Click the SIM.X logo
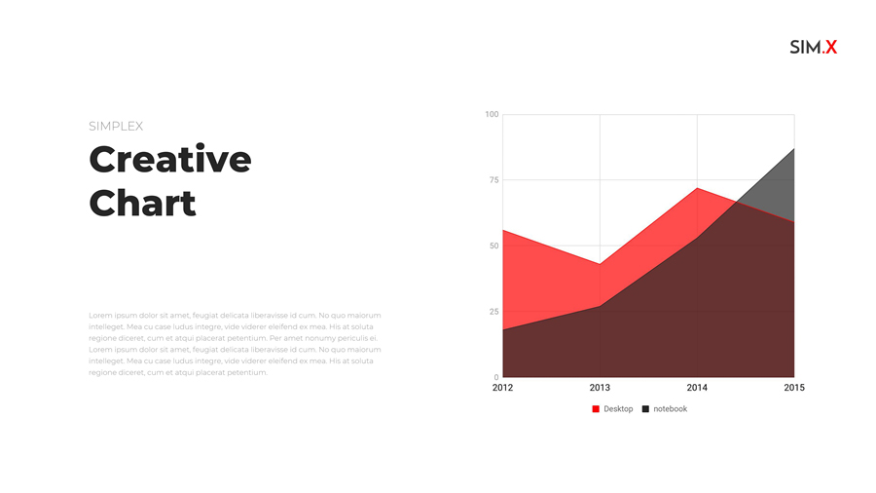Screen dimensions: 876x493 tap(814, 47)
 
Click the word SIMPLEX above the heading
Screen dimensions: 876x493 tap(116, 127)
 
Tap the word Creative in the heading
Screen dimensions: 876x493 tap(169, 160)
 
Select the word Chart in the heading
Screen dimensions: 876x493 tap(142, 203)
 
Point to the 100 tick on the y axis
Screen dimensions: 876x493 tap(492, 114)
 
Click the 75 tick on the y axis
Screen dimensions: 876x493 tap(493, 180)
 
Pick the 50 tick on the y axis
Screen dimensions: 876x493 tap(493, 246)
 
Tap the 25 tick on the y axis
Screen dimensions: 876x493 tap(493, 312)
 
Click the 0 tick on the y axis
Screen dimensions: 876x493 tap(496, 377)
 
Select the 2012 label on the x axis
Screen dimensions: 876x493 tap(502, 388)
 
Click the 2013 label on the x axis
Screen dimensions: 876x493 tap(600, 388)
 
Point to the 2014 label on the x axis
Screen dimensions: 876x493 tap(697, 388)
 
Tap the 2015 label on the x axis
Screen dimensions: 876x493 tap(794, 388)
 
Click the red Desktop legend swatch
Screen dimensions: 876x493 tap(596, 409)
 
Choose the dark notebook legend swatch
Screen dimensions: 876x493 tap(645, 409)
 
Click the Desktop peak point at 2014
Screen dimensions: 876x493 tap(697, 188)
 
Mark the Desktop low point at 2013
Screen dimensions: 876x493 tap(600, 264)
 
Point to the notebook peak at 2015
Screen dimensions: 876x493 tap(794, 149)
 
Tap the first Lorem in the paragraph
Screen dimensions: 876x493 tap(99, 316)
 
